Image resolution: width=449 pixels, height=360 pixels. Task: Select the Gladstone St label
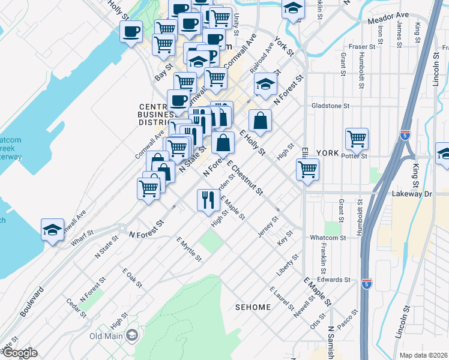click(x=330, y=106)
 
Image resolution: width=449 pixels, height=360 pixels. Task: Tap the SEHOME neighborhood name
click(x=253, y=307)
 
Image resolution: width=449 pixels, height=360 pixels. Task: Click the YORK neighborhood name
click(x=328, y=153)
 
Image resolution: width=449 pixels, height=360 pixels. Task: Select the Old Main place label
click(x=106, y=335)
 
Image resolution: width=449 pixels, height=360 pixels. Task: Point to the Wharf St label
click(x=82, y=236)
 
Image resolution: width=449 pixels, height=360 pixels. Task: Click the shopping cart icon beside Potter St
click(x=357, y=139)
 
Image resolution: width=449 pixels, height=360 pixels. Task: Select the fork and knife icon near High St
click(x=208, y=199)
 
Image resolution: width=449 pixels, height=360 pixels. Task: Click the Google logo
click(x=19, y=353)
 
